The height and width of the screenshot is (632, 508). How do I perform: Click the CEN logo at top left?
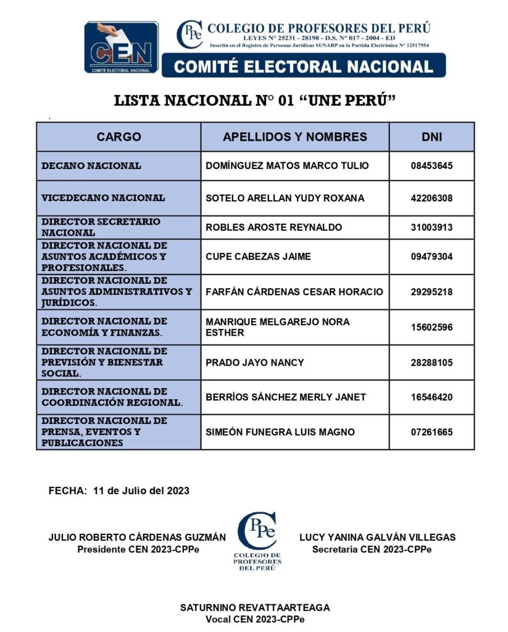coord(121,48)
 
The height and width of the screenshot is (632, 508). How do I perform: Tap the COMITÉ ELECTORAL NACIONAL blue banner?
coord(303,66)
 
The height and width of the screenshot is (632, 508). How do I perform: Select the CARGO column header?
coord(119,137)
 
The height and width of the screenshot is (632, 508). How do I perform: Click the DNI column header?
coord(431,137)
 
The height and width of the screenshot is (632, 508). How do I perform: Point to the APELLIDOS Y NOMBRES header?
coord(294,137)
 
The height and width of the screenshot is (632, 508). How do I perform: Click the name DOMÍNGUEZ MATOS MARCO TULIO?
coord(286,166)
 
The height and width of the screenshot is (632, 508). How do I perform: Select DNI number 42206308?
coord(431,198)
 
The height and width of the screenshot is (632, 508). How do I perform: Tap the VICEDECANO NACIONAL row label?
coord(103,198)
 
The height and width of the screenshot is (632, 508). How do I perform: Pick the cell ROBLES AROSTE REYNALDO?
coord(273,228)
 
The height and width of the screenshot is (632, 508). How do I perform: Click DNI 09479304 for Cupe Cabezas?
coord(431,257)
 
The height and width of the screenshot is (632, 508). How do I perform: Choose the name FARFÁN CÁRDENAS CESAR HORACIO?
coord(294,292)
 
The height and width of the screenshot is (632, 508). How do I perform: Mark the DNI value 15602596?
coord(431,327)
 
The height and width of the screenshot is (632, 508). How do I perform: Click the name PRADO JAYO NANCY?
coord(254,362)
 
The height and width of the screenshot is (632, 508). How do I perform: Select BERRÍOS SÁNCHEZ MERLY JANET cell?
coord(285,397)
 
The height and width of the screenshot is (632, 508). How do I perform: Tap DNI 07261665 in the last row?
coord(431,432)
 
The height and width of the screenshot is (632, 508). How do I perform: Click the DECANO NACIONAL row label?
coord(91,166)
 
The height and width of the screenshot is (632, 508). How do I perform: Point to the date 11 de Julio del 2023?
coord(141,491)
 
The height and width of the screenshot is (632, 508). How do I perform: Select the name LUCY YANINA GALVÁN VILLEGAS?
coord(377,538)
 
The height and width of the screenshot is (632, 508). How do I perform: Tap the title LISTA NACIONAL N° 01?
coord(254,101)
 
